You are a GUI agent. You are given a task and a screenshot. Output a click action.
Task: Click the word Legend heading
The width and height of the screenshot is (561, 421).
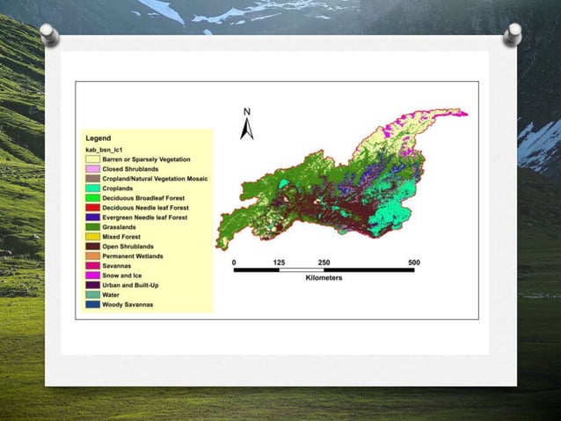(98, 138)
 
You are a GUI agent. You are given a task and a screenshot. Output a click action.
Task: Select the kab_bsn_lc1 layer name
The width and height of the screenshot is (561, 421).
(104, 149)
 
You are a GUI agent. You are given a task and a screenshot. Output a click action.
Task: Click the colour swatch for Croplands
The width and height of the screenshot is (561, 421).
(91, 188)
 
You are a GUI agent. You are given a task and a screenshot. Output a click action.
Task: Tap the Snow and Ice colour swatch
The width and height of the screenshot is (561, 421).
(91, 276)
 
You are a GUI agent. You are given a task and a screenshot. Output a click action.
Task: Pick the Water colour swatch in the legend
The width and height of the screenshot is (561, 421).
(91, 295)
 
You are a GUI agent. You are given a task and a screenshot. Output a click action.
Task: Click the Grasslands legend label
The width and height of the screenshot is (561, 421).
(120, 227)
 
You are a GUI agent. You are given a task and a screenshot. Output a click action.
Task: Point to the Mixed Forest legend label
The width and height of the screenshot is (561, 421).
(122, 237)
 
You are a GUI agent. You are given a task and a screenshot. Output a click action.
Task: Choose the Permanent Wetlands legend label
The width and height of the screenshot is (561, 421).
(134, 256)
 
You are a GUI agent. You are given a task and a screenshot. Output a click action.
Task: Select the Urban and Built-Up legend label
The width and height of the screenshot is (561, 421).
(132, 285)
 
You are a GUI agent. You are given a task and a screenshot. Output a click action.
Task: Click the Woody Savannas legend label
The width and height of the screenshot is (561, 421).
(127, 305)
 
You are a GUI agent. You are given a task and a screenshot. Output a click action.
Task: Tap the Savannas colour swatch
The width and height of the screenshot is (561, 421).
(91, 266)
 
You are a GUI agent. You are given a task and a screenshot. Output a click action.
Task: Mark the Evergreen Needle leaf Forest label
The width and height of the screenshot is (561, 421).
(146, 218)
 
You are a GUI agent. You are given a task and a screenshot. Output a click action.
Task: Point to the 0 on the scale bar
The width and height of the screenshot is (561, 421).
(234, 262)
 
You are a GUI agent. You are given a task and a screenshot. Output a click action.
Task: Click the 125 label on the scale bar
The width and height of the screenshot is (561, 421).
(279, 262)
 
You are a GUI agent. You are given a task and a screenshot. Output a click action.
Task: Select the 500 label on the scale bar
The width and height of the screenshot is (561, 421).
(414, 262)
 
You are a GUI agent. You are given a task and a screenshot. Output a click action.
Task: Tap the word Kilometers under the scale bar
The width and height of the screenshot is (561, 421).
(324, 279)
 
